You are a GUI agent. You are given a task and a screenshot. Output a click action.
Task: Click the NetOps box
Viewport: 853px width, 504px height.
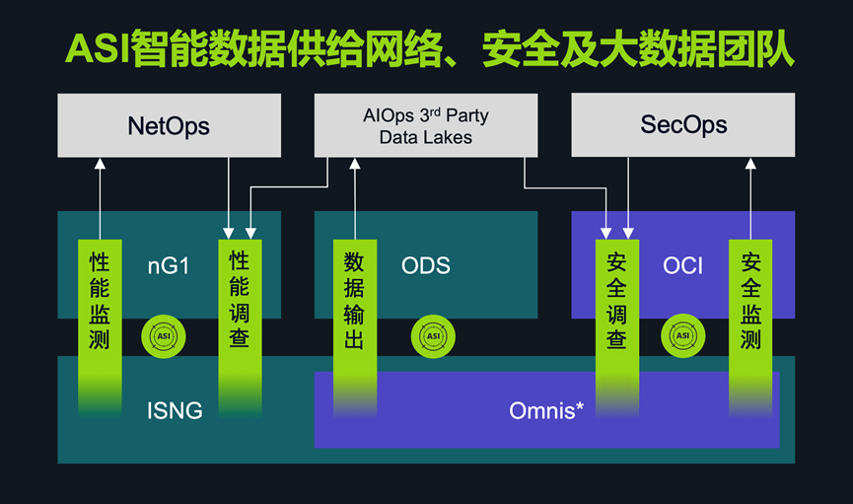click(169, 125)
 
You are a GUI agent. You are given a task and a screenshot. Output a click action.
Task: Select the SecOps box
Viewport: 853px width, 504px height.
click(683, 125)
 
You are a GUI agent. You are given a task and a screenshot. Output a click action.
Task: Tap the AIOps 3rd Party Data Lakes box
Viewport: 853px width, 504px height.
click(426, 126)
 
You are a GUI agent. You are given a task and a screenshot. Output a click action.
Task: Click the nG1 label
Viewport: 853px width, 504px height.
click(169, 265)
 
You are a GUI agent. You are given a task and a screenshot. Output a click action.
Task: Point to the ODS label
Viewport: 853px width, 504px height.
click(426, 265)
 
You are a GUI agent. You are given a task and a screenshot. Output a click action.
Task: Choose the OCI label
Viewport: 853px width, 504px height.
click(683, 265)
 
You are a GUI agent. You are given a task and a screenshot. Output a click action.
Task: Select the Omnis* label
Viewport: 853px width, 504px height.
click(546, 410)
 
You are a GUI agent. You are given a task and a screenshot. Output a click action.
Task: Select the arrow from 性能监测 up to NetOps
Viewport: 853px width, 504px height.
click(100, 197)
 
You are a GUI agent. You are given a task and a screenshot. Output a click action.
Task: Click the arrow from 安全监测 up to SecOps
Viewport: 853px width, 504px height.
click(750, 197)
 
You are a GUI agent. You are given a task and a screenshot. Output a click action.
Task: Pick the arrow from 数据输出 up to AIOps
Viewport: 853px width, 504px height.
click(354, 197)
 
